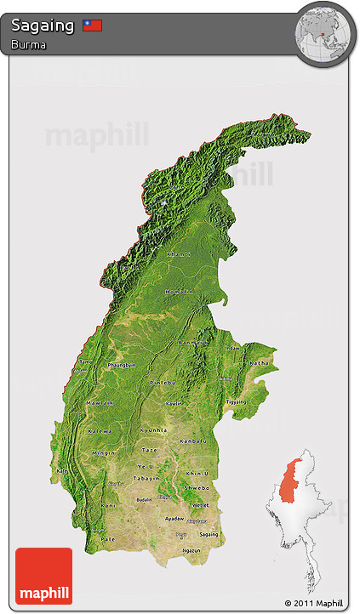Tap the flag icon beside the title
point(93,26)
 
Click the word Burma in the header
point(28,43)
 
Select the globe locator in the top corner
point(322,33)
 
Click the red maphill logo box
point(43,576)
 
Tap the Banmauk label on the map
point(193,342)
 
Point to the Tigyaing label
point(235,401)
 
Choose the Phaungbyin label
point(122,365)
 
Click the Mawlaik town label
point(100,402)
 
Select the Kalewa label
point(100,430)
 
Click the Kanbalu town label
point(193,441)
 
